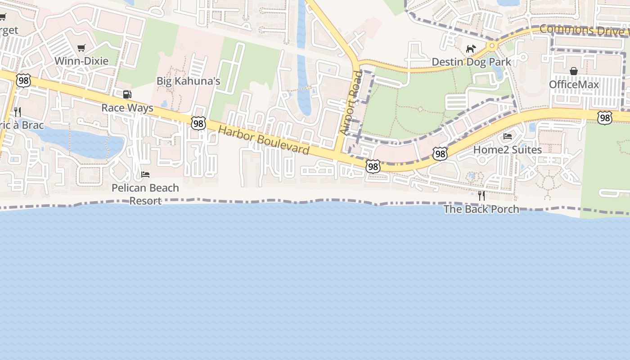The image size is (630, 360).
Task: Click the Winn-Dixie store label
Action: [81, 61]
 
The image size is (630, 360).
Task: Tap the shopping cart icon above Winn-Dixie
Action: [81, 48]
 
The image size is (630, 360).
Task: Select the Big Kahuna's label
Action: [188, 81]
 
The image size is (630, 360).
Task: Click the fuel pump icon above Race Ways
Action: [127, 94]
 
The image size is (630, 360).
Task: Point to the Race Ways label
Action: [127, 108]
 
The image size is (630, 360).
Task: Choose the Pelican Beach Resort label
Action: [145, 194]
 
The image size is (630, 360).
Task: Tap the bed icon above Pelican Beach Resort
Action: [145, 175]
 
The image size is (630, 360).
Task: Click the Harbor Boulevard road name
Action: [264, 140]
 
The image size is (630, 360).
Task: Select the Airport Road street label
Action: [351, 103]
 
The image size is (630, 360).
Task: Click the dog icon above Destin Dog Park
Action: [471, 49]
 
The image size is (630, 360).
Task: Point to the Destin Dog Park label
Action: [471, 62]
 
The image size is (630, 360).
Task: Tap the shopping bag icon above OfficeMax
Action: [574, 71]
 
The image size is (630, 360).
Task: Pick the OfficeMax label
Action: [574, 85]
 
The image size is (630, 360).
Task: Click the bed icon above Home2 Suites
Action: [508, 136]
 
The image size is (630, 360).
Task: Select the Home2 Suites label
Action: [508, 149]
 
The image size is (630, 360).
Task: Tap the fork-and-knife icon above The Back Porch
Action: [481, 196]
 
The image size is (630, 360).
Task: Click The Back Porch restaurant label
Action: [481, 209]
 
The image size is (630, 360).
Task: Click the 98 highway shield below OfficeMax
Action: [605, 118]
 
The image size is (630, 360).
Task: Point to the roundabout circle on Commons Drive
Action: [492, 45]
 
